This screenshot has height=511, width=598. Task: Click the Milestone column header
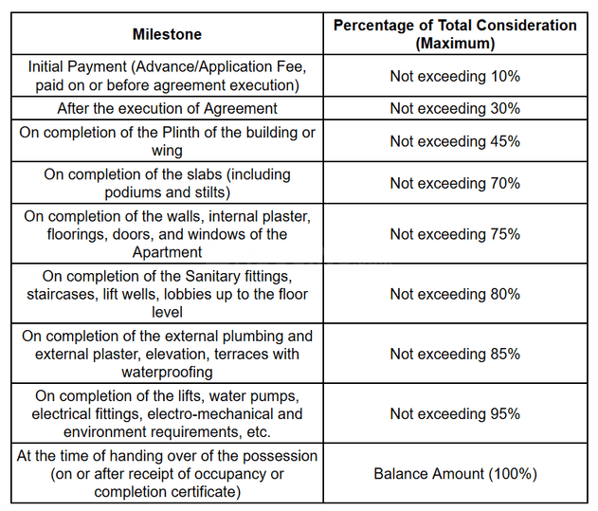pos(167,34)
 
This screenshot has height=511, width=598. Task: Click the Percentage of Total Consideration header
pos(455,34)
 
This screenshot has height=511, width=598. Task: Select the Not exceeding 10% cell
pos(455,76)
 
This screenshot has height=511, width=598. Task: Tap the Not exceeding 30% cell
pos(455,108)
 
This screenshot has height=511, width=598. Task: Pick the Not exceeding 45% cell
pos(455,141)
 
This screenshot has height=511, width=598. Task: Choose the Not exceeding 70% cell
pos(455,183)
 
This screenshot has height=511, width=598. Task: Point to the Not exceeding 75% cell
pos(455,234)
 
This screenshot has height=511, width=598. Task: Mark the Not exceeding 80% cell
pos(455,294)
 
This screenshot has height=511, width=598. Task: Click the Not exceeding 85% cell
pos(455,354)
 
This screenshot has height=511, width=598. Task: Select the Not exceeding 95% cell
pos(455,413)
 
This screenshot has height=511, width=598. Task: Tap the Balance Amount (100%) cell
pos(455,473)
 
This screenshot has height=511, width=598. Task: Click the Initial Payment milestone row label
pos(167,76)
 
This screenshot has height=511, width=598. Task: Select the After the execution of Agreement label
pos(167,108)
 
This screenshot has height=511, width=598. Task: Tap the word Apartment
pos(167,252)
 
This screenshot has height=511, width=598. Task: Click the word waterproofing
pos(167,372)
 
